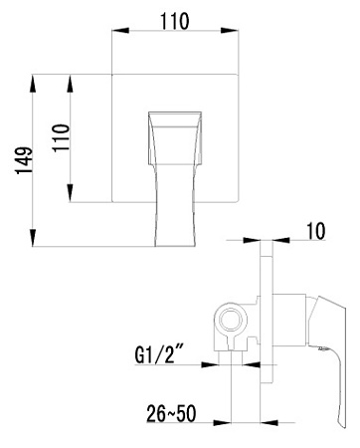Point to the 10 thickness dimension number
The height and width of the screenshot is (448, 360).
click(x=316, y=232)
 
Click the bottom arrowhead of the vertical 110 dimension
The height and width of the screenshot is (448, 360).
click(x=72, y=199)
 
